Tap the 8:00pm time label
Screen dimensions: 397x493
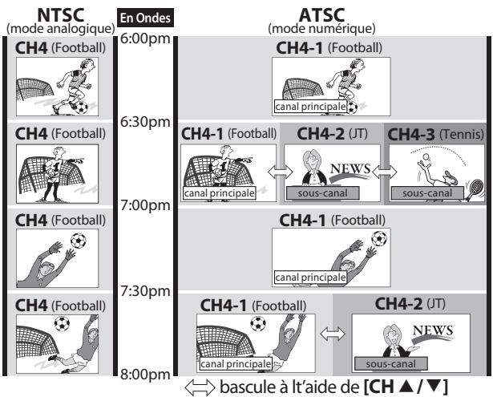(145, 373)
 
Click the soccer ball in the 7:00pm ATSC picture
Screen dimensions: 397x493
(357, 238)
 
